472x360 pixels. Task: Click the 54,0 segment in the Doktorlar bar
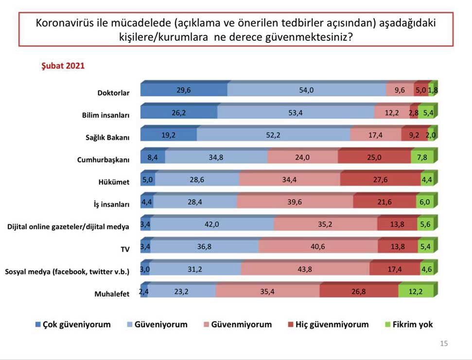click(306, 90)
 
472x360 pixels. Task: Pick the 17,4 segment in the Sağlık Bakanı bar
click(375, 136)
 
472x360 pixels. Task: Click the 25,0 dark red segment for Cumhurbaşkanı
click(374, 158)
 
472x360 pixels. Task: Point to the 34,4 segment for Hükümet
click(290, 180)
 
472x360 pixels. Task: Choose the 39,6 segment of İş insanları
click(295, 203)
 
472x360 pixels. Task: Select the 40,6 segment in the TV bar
click(318, 247)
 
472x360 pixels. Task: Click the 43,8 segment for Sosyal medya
click(305, 269)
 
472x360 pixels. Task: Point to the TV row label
click(124, 249)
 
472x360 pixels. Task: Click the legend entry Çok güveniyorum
click(77, 324)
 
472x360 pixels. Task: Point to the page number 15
click(444, 343)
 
